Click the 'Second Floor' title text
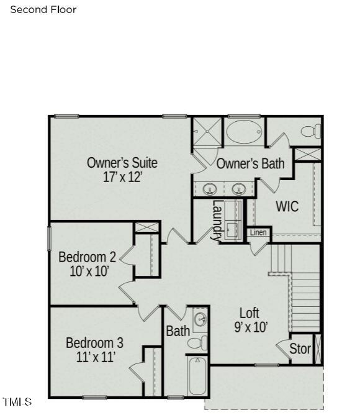[43, 10]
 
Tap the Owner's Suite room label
[122, 163]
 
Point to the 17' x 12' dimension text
[122, 177]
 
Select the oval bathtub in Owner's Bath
[244, 132]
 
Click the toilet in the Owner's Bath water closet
[311, 131]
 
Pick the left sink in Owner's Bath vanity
[210, 189]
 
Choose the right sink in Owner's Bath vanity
[239, 189]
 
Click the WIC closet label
[287, 206]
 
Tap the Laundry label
[217, 220]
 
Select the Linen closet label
[258, 232]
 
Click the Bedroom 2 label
[88, 257]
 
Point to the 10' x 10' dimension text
[89, 271]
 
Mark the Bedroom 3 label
[95, 343]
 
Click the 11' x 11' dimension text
[96, 357]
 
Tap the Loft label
[249, 313]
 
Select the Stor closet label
[300, 349]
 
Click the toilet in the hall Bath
[197, 343]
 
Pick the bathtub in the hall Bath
[197, 375]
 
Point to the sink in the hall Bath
[200, 320]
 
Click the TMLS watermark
[17, 401]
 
